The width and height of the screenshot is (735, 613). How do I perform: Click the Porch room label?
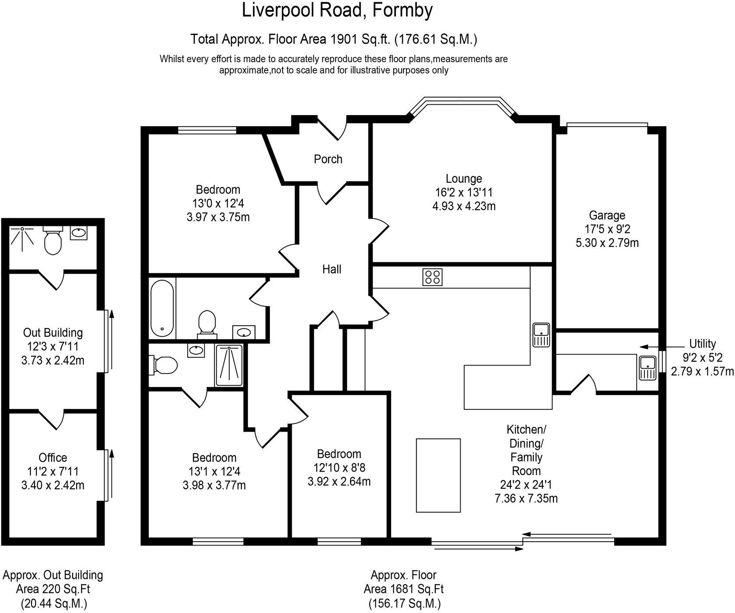(328, 159)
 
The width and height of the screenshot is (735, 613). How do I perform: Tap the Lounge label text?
(464, 179)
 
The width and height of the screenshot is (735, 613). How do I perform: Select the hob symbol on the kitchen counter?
(432, 277)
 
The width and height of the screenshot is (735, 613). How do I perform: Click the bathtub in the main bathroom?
(162, 308)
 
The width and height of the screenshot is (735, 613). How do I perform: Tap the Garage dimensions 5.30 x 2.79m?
(607, 243)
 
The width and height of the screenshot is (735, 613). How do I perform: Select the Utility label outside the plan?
(702, 343)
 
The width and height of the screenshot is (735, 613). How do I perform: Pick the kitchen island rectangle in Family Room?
(438, 475)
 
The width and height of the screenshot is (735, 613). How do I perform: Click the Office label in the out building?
(53, 458)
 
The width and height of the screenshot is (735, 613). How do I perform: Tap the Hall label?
(332, 269)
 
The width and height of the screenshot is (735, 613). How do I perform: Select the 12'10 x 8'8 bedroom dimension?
(339, 468)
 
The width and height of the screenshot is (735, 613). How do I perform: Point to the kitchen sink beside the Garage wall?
(541, 335)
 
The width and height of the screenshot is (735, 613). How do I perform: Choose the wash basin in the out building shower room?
(79, 233)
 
